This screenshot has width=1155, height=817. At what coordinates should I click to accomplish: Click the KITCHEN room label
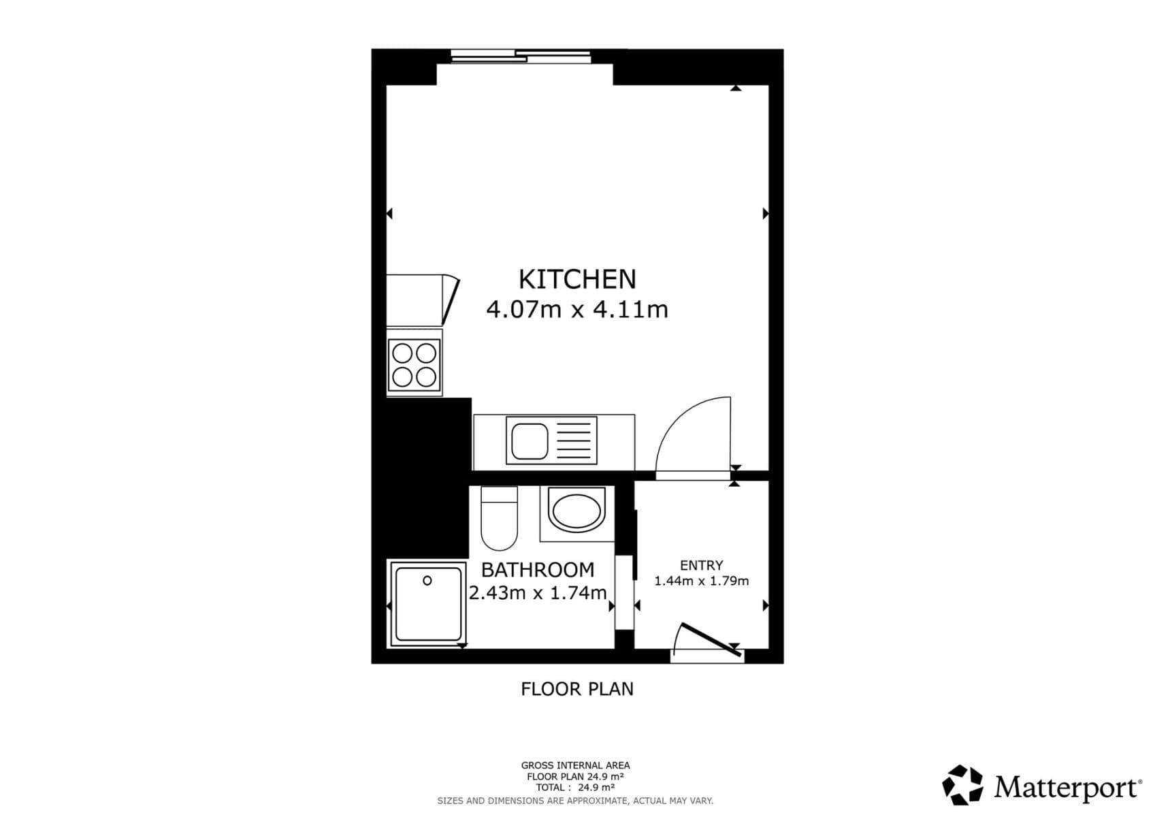coord(576,279)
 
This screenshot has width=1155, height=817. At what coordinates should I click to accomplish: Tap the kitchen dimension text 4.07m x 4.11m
coord(576,310)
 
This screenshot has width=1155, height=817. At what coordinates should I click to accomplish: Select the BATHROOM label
coord(537,569)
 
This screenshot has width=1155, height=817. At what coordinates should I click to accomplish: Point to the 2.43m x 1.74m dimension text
coord(537,593)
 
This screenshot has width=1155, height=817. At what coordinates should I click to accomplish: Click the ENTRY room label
coord(701,565)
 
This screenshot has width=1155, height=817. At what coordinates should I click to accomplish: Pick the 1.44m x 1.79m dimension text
coord(701,581)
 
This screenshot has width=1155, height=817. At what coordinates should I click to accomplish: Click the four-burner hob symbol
coord(414,364)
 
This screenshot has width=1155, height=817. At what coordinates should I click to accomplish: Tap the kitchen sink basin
coord(530,441)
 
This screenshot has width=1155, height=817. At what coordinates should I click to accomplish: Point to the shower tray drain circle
coord(427,581)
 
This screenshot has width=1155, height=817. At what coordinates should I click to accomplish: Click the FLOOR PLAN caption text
coord(576,689)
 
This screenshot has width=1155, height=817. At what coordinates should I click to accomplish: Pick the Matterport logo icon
coord(962,785)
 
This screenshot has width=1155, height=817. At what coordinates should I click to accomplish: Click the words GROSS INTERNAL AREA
coord(575,765)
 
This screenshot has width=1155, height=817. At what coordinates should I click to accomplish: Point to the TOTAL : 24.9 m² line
coord(575,788)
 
